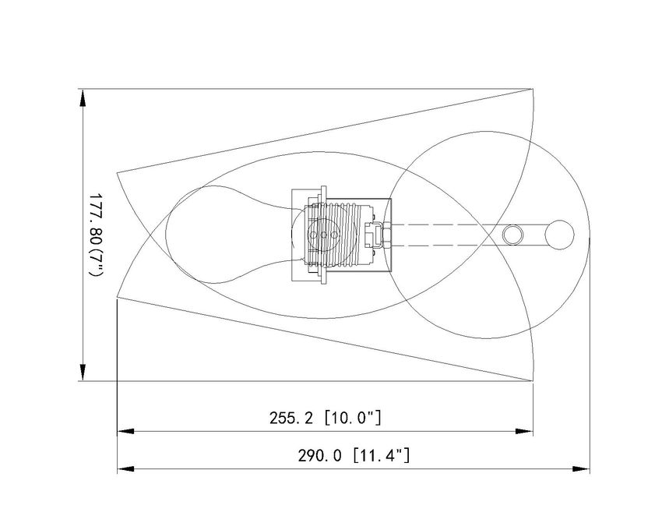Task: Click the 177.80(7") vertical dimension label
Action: (96, 235)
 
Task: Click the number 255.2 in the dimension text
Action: (291, 419)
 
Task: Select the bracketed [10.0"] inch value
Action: (353, 418)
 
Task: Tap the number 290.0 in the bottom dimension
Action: (319, 456)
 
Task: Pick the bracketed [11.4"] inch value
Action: (382, 456)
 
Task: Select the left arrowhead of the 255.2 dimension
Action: (126, 432)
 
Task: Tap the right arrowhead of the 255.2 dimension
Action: (524, 432)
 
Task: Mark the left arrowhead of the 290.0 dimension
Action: (126, 469)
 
